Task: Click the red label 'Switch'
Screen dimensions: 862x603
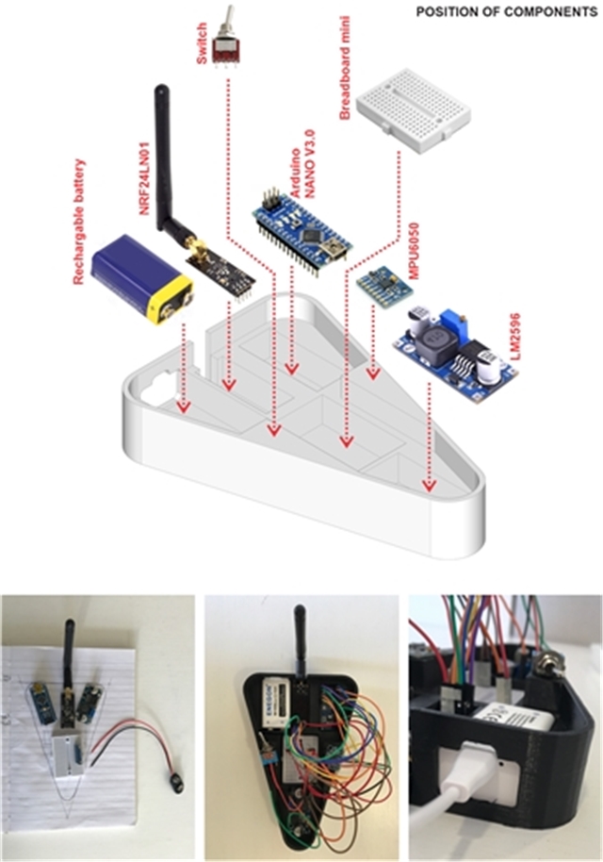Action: tap(201, 45)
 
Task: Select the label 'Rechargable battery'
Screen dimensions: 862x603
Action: tap(79, 221)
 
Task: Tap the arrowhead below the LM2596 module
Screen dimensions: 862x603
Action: tap(430, 487)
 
